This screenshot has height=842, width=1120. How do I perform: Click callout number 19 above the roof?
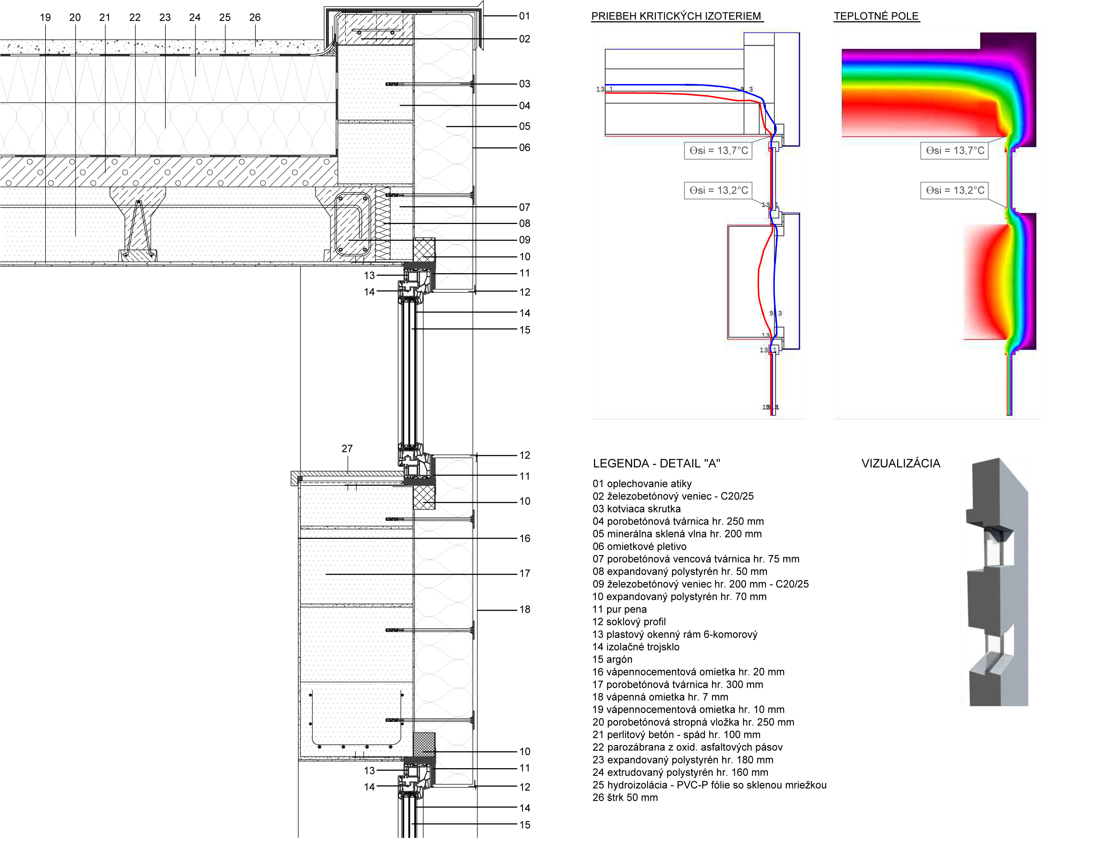(x=45, y=17)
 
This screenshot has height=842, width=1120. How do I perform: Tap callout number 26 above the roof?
(x=255, y=17)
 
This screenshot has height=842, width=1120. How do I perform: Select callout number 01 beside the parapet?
(x=525, y=16)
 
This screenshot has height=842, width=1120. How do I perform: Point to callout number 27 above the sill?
(x=347, y=449)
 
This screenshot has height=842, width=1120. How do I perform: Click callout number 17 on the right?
(x=525, y=573)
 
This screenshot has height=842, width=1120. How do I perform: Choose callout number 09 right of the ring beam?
(x=525, y=240)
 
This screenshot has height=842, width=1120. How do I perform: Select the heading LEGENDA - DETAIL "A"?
(x=656, y=463)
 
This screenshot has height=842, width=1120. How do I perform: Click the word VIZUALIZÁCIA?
(x=901, y=463)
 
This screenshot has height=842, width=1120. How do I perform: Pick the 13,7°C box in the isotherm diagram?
(x=718, y=151)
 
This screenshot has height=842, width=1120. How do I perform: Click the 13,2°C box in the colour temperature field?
(x=954, y=190)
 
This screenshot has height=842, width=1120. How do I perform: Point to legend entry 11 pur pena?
(x=619, y=609)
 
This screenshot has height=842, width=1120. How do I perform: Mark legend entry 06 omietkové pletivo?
(x=639, y=546)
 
